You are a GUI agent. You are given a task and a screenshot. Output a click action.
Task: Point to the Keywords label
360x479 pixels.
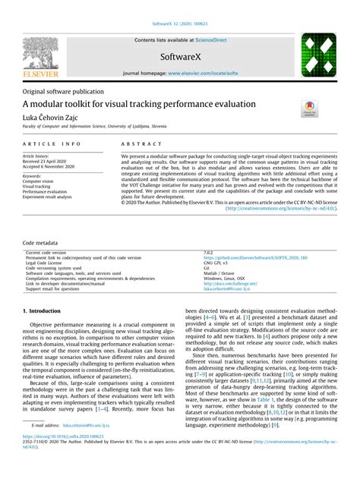(x=33, y=176)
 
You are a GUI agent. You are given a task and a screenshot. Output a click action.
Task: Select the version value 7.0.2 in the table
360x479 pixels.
(x=209, y=231)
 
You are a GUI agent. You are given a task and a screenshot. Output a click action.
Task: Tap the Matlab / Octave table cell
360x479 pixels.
(x=219, y=252)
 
